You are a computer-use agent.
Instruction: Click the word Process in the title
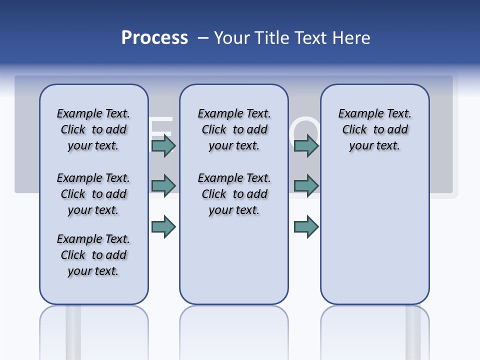point(154,37)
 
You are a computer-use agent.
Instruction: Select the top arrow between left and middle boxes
point(163,145)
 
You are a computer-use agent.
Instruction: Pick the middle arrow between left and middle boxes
point(163,185)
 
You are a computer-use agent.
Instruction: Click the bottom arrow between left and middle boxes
point(163,226)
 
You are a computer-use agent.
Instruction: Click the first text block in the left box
point(93,129)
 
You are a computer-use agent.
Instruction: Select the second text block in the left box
point(93,194)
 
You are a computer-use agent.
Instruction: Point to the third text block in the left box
point(93,255)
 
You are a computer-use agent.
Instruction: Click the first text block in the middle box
point(234,129)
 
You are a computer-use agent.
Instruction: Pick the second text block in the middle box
point(234,194)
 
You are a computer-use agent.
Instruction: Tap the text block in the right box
point(375,129)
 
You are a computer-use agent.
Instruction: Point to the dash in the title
point(203,38)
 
